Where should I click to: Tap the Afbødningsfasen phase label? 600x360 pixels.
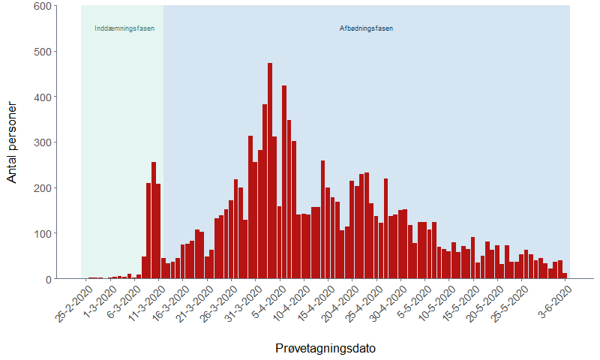click(x=366, y=29)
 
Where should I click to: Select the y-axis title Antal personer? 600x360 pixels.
click(x=12, y=142)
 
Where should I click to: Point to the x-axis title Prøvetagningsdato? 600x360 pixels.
click(x=325, y=349)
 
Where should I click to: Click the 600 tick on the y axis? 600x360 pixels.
click(x=43, y=7)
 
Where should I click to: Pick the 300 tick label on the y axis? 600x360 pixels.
click(x=43, y=142)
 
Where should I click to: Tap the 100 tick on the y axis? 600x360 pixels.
click(x=43, y=233)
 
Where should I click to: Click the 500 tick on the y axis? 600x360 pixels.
click(x=43, y=52)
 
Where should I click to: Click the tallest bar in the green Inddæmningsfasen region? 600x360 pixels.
click(x=154, y=220)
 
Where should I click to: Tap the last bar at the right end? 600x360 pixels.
click(x=565, y=276)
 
